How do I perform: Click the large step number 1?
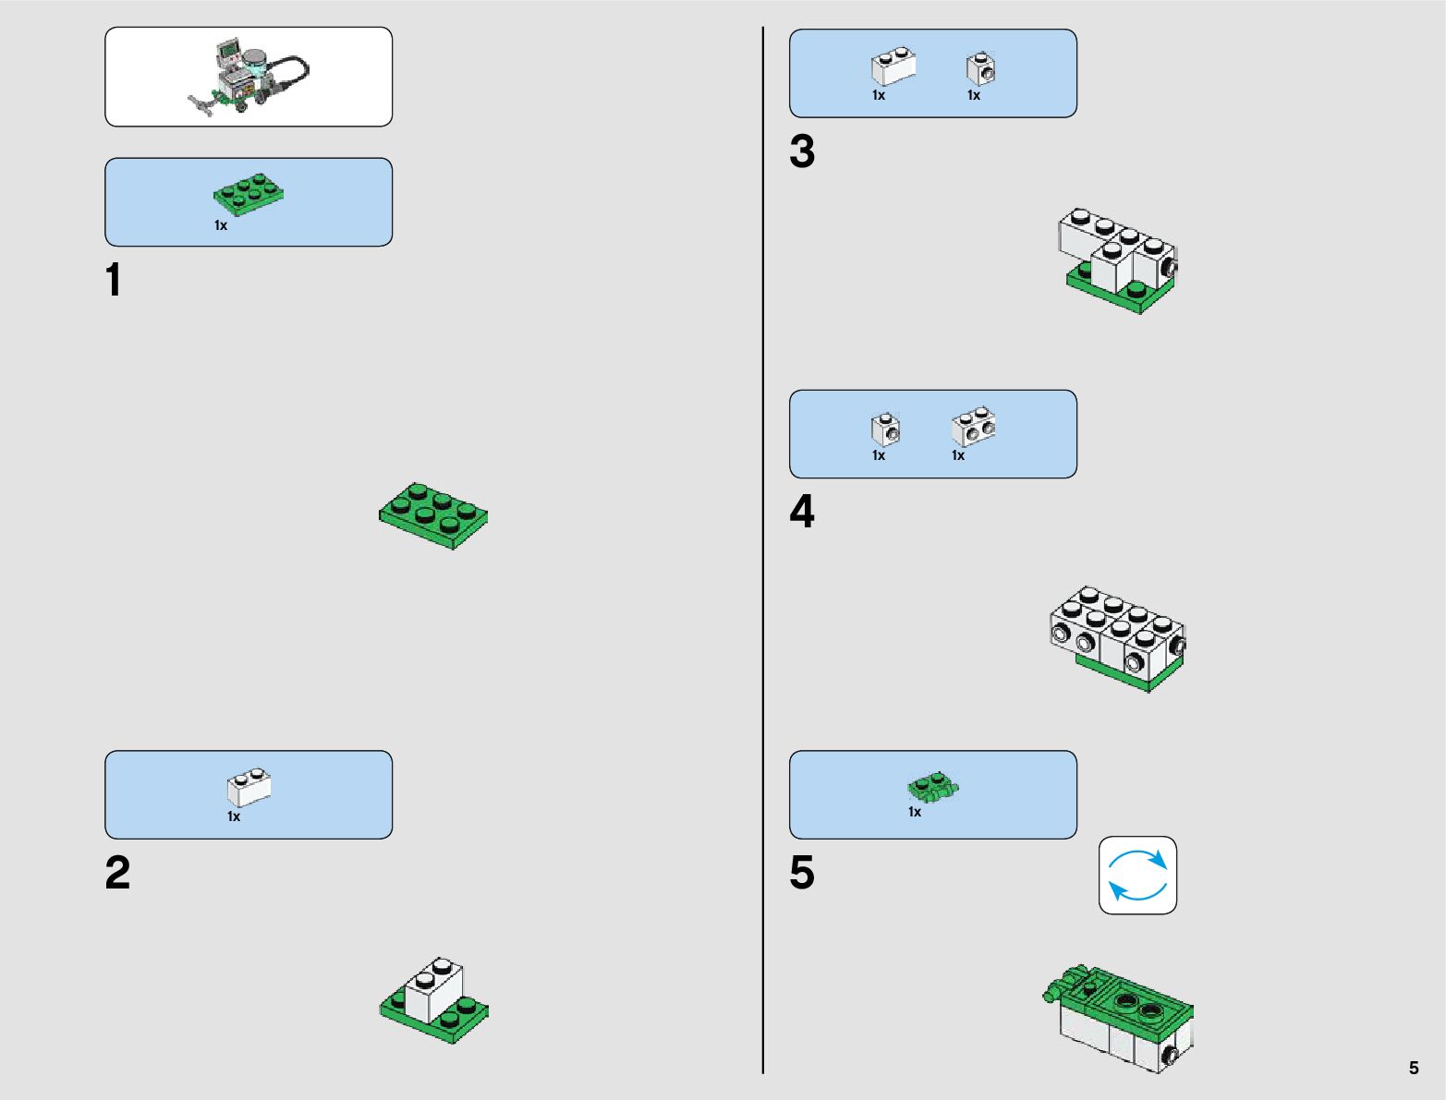point(114,281)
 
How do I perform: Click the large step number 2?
point(117,873)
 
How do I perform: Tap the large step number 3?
point(802,151)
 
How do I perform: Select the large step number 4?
point(802,513)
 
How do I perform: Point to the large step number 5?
point(802,873)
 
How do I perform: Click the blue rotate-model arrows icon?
point(1137,876)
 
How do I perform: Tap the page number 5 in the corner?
point(1413,1069)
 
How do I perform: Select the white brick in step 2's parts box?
point(249,788)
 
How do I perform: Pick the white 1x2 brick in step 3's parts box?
point(893,67)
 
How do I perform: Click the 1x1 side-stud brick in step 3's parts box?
point(980,69)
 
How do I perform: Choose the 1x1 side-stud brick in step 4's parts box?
point(884,429)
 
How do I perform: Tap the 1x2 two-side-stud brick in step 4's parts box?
point(973,427)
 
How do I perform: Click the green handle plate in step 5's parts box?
point(933,788)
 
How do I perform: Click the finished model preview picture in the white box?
point(249,77)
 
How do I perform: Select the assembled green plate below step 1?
point(433,515)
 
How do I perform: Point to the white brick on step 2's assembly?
point(433,989)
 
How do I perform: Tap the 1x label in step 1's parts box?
point(221,225)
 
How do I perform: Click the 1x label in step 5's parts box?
point(915,812)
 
